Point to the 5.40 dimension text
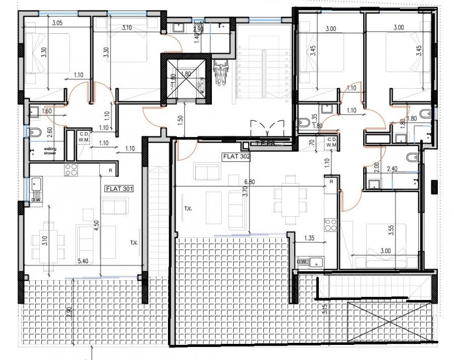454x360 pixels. pyautogui.click(x=84, y=261)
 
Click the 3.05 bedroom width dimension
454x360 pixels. pyautogui.click(x=57, y=22)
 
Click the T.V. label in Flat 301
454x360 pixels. pyautogui.click(x=134, y=243)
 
